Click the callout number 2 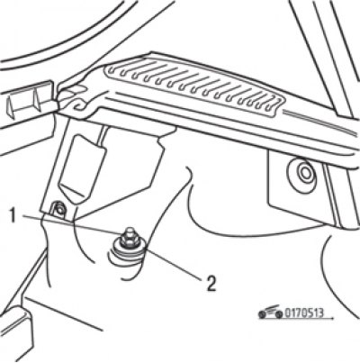[x=211, y=284]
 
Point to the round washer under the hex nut [x=127, y=249]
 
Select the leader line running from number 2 [x=174, y=263]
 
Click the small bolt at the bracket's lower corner [x=60, y=208]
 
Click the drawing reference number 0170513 [x=304, y=313]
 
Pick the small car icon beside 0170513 [x=271, y=313]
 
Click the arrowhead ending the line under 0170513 [x=330, y=317]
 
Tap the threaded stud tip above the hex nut [x=129, y=231]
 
